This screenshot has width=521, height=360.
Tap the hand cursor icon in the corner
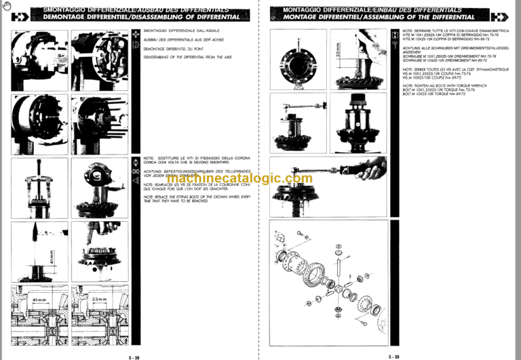click(x=7, y=6)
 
